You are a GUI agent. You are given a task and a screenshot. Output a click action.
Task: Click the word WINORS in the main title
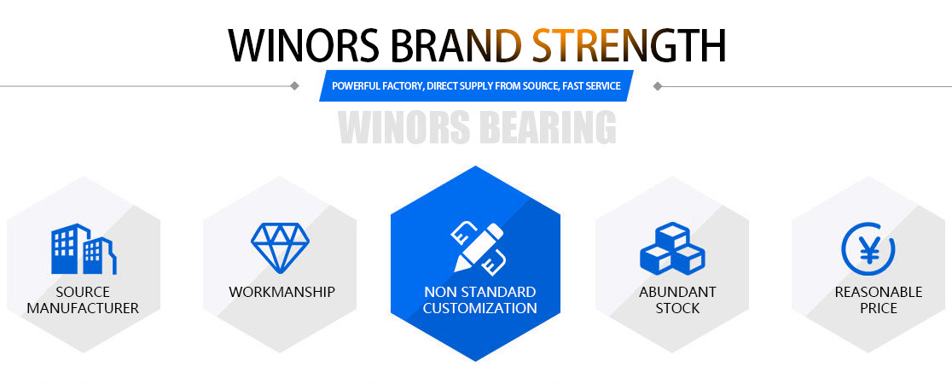coord(305,45)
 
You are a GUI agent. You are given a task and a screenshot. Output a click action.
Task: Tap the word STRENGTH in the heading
coord(629,45)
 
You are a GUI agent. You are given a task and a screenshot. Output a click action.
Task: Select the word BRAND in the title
coord(456,45)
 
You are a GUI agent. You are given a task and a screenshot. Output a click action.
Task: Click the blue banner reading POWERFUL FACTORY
coord(477,85)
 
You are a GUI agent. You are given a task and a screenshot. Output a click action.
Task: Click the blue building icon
coord(84,249)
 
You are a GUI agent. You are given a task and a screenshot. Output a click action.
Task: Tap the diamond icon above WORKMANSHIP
coord(280,247)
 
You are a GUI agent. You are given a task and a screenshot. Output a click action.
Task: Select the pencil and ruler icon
coord(478,247)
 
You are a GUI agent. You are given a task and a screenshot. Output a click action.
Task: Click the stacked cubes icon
coord(673,248)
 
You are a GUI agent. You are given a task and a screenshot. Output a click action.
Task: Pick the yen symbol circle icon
coord(868,248)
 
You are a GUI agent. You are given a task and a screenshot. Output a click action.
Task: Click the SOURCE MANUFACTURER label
coord(84,300)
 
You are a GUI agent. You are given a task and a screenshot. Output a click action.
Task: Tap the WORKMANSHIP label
coord(282,292)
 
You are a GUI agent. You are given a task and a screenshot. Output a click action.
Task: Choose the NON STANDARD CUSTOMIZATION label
coord(479,300)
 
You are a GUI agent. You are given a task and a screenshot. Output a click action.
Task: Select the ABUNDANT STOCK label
coord(677,300)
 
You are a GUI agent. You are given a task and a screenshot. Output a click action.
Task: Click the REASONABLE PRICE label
coord(879,300)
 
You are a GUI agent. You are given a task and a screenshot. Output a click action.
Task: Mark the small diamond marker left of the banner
coord(294,85)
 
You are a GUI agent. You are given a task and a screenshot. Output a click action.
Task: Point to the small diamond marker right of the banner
coord(657,85)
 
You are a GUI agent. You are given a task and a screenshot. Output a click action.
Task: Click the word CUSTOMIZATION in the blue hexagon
coord(479,308)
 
